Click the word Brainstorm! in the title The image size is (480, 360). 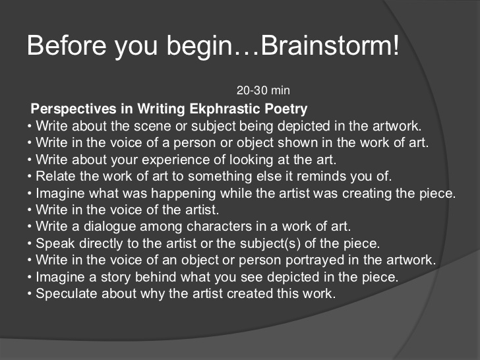pos(330,45)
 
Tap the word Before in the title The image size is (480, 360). pos(67,45)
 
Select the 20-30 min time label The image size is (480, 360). pos(263,90)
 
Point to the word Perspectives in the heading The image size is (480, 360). pos(73,109)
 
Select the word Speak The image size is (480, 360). pos(55,244)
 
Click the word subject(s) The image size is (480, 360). pos(270,244)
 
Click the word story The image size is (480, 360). pos(116,278)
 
